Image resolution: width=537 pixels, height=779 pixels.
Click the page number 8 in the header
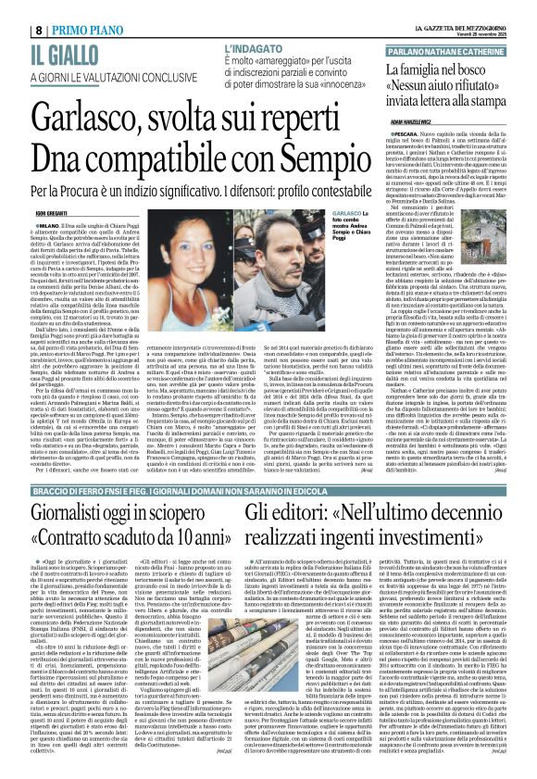point(13,8)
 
